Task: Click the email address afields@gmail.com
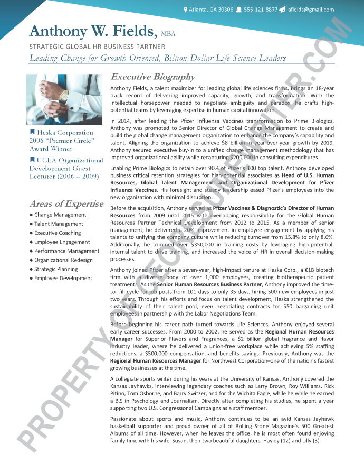pos(311,10)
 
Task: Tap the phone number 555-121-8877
pos(261,10)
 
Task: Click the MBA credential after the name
pos(168,33)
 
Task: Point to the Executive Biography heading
pos(153,77)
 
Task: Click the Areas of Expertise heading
pos(66,203)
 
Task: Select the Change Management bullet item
pos(60,215)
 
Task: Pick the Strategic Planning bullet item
pos(56,269)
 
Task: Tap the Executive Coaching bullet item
pos(58,233)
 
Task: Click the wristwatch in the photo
pos(64,96)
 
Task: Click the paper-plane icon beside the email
pos(282,10)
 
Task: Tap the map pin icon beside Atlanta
pos(185,10)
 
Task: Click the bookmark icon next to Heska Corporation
pos(32,132)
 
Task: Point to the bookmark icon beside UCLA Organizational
pos(32,160)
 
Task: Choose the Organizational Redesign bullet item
pos(63,260)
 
